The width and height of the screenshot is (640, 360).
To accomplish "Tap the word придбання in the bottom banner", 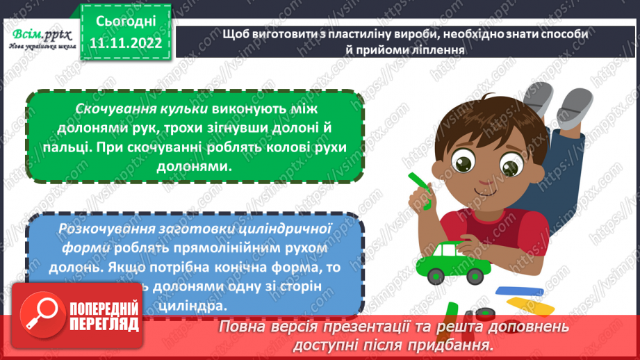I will (x=453, y=345).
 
